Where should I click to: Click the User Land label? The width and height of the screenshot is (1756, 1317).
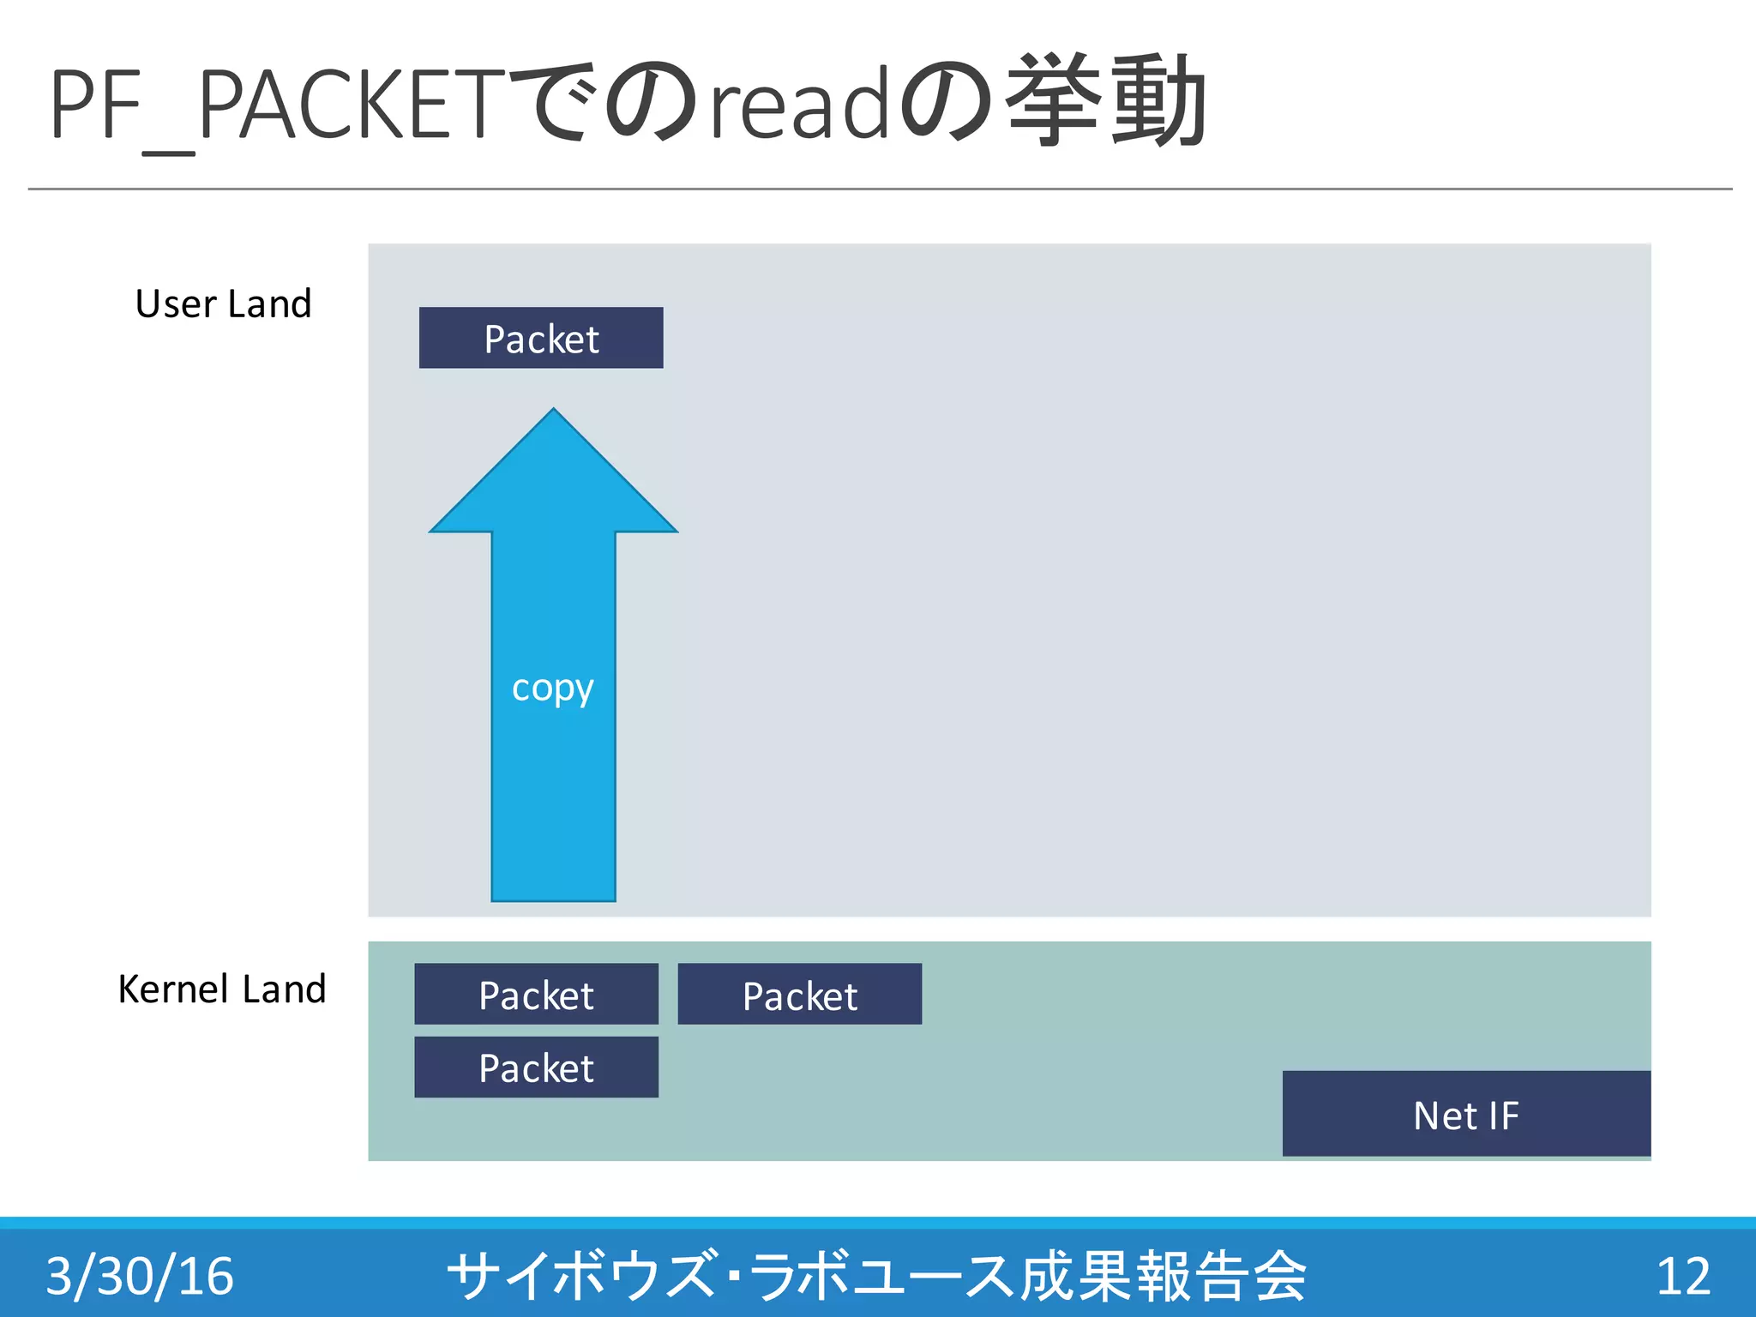(223, 304)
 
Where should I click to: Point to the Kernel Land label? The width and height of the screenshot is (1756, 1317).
(222, 989)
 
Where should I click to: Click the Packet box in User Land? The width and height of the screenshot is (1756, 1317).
(541, 338)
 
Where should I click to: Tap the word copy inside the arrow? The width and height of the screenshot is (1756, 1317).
(552, 689)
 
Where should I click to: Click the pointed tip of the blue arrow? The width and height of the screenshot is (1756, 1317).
(554, 412)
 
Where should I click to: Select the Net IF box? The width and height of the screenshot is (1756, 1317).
(1466, 1114)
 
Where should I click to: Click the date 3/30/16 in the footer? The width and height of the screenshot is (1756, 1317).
(140, 1275)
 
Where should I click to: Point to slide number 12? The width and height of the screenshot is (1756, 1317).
(1683, 1275)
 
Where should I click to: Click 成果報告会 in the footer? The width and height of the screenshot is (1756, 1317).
(1163, 1275)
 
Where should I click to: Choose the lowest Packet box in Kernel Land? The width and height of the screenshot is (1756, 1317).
(536, 1067)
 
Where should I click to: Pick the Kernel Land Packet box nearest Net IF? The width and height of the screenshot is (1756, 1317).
(799, 995)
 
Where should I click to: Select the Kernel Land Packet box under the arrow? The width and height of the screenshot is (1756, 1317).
(536, 995)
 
